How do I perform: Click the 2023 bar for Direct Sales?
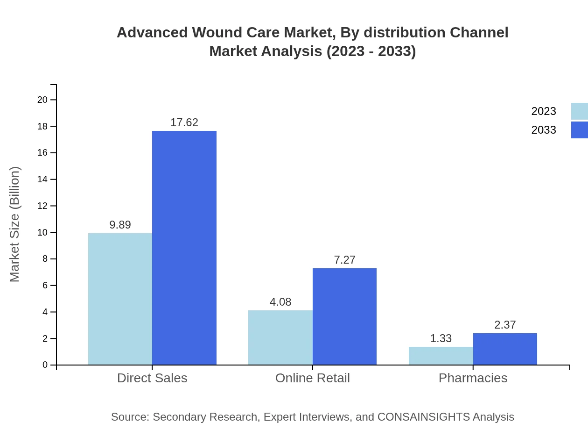click(x=120, y=299)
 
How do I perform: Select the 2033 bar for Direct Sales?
click(x=184, y=248)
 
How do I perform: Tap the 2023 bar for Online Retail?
click(x=280, y=337)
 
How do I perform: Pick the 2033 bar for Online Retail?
click(x=344, y=316)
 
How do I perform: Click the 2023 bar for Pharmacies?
click(x=441, y=356)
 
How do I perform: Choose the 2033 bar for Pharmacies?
click(x=505, y=349)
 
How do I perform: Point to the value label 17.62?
click(x=184, y=122)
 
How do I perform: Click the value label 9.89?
click(x=120, y=225)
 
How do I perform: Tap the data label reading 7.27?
click(x=344, y=260)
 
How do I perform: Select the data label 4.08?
click(x=280, y=302)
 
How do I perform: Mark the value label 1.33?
click(x=441, y=338)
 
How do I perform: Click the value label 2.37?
click(x=505, y=325)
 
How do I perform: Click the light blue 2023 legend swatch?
click(x=579, y=111)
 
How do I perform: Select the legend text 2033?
click(x=544, y=130)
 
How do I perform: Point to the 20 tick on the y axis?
click(x=42, y=100)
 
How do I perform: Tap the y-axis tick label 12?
click(x=42, y=206)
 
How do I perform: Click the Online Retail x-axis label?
click(x=313, y=378)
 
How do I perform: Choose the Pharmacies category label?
click(x=473, y=378)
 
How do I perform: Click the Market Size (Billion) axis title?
click(x=14, y=224)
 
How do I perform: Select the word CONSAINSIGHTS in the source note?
click(x=423, y=416)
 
